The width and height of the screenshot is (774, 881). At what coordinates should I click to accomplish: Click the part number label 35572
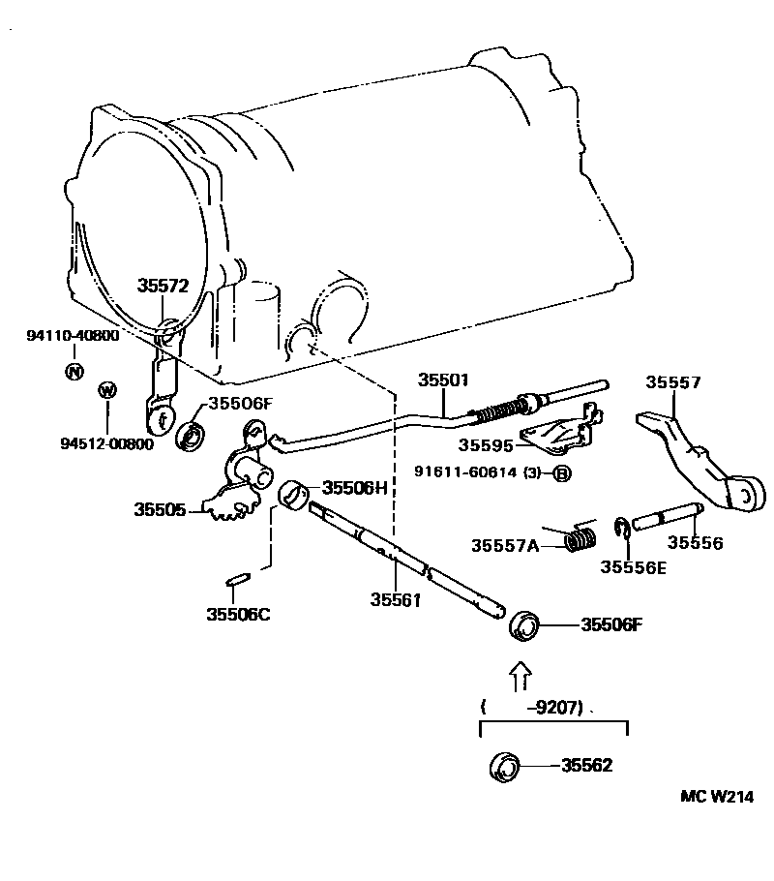coord(162,286)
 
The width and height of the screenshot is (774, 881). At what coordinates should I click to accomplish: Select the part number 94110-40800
coord(73,336)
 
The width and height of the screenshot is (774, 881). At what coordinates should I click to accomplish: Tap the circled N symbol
coord(73,371)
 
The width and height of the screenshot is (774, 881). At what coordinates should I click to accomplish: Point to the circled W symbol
coord(107,390)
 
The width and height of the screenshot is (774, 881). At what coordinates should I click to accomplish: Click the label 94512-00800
coord(106,443)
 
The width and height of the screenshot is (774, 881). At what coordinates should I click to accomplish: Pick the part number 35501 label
coord(443,380)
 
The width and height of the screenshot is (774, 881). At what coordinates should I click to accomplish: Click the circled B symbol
coord(561,473)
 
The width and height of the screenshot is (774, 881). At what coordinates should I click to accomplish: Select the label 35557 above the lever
coord(673,382)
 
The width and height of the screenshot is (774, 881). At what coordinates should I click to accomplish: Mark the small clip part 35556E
coord(624,528)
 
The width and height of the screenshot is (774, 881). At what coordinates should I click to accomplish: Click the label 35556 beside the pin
coord(695,543)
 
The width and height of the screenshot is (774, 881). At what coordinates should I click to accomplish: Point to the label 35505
coord(160,508)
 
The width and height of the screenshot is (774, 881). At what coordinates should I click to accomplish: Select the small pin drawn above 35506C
coord(237,580)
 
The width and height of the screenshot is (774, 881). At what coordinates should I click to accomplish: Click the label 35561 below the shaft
coord(395,599)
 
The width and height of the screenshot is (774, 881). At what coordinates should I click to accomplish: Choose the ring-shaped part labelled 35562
coord(505,765)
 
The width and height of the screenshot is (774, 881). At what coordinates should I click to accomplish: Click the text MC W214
coord(716,797)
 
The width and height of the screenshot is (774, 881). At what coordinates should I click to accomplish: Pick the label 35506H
coord(354,487)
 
